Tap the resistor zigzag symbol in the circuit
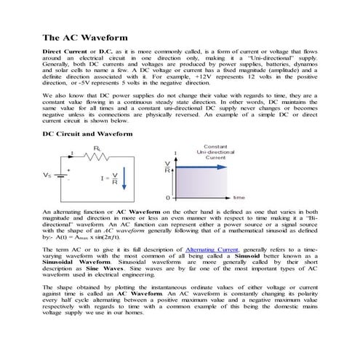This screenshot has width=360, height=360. [96, 155]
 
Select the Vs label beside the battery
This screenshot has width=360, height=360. [48, 175]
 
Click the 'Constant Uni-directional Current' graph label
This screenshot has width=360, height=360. [215, 151]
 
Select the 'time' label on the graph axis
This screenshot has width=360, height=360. [239, 197]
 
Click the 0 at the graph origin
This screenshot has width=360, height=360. [167, 197]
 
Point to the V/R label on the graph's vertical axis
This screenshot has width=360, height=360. [168, 166]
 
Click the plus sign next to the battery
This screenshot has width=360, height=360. [68, 170]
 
